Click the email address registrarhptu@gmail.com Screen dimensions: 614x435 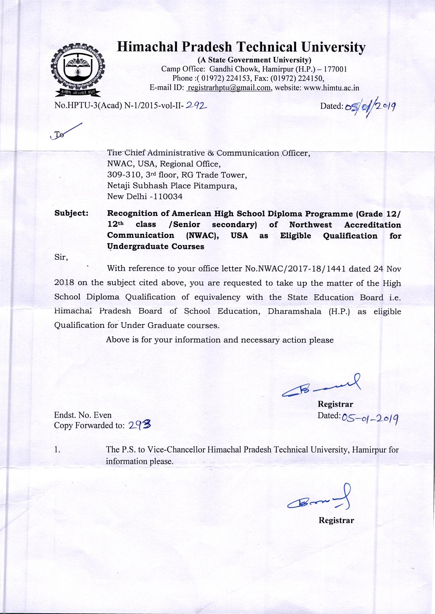(229, 88)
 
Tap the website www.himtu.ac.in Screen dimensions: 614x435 (331, 88)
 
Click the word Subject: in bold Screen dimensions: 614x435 (71, 213)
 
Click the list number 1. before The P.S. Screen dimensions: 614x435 (57, 450)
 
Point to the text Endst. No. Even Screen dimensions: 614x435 (83, 415)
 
